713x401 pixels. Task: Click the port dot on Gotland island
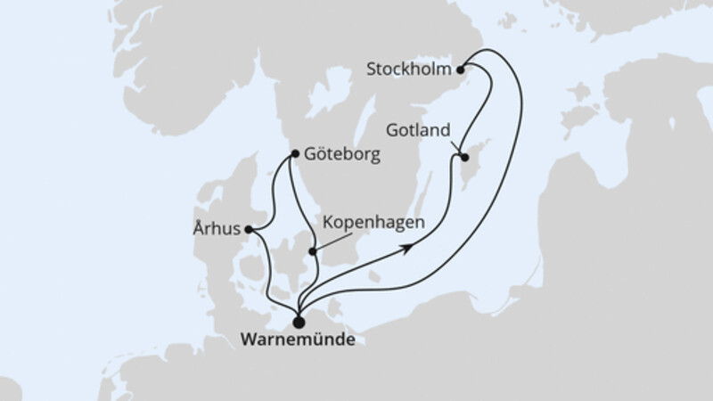pos(464,158)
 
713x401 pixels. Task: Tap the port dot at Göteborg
pos(295,153)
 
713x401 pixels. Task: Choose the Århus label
pos(215,228)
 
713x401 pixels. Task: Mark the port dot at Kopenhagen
pos(312,252)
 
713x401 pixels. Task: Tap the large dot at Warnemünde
pos(298,322)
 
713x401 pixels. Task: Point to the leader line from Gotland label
pos(455,144)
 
